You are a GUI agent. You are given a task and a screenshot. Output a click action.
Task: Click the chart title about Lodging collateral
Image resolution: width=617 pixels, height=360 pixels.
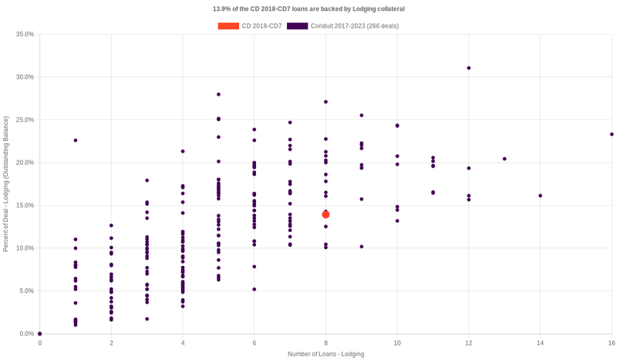coord(308,9)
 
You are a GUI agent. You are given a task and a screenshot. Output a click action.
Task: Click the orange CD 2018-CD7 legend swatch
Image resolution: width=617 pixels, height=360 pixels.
coord(228,26)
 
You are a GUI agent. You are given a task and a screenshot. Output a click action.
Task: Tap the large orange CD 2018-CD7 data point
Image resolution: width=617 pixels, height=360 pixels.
coord(326,214)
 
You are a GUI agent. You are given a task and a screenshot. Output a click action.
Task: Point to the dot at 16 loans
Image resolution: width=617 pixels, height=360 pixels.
coord(612,134)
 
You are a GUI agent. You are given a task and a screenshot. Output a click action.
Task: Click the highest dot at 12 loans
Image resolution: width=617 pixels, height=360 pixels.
coord(469,68)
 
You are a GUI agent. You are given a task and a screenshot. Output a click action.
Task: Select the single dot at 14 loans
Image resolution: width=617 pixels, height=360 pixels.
coord(540,196)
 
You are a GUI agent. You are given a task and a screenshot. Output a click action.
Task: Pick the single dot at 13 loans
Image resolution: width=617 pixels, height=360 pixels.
coord(504,159)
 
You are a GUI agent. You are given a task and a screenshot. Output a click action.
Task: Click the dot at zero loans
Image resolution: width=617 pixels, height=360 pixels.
coord(40,334)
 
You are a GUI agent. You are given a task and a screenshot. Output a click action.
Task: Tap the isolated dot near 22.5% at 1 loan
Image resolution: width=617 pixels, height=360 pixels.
coord(76,140)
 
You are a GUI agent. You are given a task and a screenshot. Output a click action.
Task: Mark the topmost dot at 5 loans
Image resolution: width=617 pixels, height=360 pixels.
coord(219,94)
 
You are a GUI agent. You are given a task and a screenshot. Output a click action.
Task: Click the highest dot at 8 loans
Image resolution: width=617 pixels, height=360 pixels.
coord(326,102)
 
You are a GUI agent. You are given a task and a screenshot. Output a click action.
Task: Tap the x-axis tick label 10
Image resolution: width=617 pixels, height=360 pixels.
coord(397,342)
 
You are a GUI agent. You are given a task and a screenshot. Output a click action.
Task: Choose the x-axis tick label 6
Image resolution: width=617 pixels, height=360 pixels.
coord(255,342)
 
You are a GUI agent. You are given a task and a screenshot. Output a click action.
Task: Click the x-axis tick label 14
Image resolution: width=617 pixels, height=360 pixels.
coord(540,342)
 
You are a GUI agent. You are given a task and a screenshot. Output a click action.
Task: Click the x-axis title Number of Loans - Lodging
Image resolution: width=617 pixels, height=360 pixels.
coord(325,354)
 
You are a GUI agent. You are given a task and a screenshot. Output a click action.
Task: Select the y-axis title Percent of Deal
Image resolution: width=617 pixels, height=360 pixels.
coord(6,184)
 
